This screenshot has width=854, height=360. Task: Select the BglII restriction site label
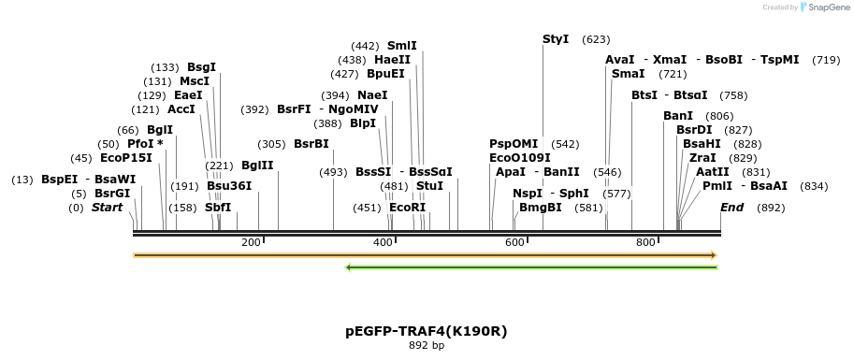(x=257, y=166)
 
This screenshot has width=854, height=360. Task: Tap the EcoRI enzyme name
(x=407, y=207)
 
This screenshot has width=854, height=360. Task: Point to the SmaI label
(x=628, y=73)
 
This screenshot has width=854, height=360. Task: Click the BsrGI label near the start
(x=112, y=193)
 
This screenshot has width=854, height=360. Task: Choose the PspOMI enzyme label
(x=514, y=144)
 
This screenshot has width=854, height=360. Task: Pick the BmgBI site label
(x=541, y=207)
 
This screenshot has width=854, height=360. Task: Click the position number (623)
(x=596, y=39)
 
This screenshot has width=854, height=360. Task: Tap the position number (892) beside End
(x=771, y=207)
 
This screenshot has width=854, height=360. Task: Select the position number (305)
(x=271, y=144)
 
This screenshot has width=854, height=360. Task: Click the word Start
(x=107, y=207)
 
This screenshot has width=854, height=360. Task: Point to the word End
(x=731, y=207)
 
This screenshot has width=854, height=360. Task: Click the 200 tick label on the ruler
(x=251, y=243)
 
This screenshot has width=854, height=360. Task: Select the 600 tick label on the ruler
(x=514, y=243)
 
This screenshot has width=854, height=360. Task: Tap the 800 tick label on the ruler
(x=646, y=243)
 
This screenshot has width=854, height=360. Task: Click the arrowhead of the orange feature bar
(x=713, y=254)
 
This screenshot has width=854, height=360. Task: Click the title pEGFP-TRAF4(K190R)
(x=427, y=331)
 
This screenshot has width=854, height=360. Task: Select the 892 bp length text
(x=427, y=345)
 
